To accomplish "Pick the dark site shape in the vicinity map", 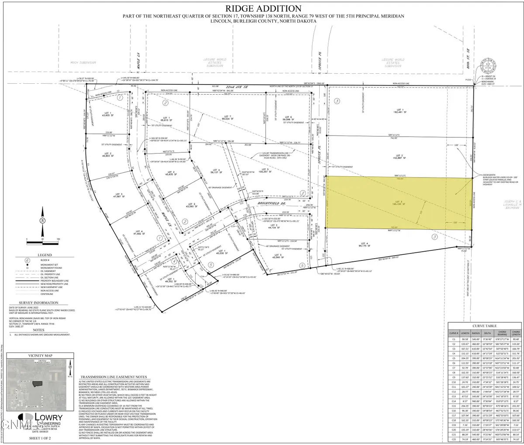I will pos(39,382).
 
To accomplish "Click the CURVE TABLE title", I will pos(485,325).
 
